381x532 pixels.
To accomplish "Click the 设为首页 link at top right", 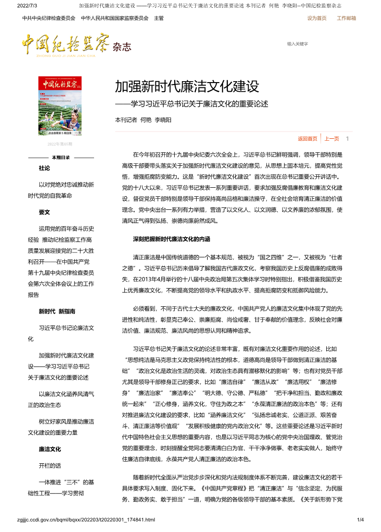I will (317, 18).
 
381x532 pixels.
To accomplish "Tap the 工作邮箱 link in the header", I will (346, 18).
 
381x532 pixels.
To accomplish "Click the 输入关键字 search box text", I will (298, 44).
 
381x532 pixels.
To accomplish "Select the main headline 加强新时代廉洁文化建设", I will (187, 86).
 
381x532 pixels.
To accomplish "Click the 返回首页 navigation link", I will (308, 139).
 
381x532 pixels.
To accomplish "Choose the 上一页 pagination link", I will (332, 139).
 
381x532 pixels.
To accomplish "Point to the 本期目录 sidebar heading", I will (61, 157).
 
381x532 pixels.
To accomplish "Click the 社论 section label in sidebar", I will (44, 169).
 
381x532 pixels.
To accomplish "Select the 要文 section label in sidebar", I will (44, 212).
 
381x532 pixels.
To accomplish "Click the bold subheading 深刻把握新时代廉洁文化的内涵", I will (171, 239).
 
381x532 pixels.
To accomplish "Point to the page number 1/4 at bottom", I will (361, 520).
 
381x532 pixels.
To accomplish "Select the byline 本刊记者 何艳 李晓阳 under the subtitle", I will (143, 120).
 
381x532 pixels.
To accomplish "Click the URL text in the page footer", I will (86, 520).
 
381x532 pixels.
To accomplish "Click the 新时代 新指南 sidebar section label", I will (57, 311).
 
